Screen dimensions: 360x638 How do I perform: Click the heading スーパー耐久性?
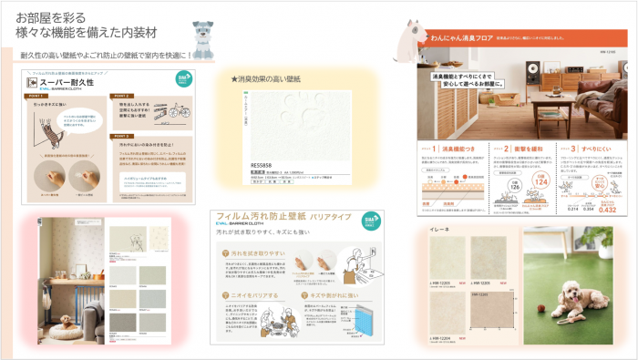(65, 82)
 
